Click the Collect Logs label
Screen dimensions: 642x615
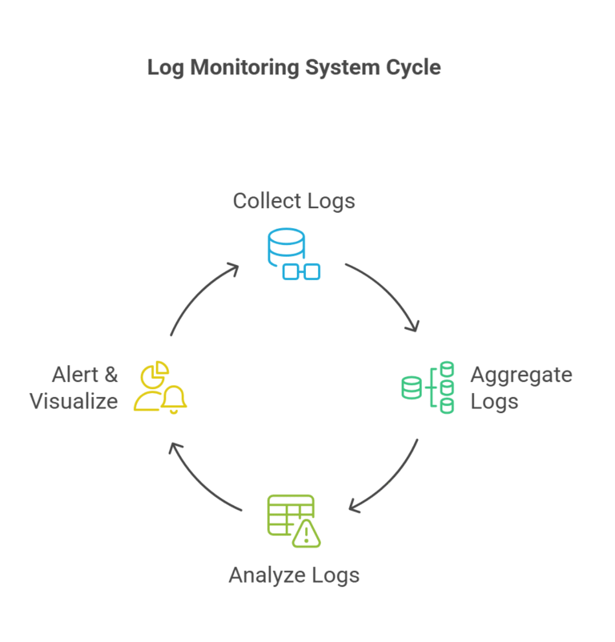[294, 200]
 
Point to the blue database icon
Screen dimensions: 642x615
[286, 244]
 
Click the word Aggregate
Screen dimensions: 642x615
[521, 375]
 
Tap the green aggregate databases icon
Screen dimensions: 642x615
[428, 387]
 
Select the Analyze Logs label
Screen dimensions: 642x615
[294, 575]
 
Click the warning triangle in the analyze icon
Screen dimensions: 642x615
[307, 533]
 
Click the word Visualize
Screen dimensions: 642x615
[74, 401]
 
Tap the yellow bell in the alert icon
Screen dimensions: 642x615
[174, 398]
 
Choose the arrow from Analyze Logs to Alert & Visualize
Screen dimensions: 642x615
[200, 480]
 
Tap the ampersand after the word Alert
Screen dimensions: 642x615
[110, 375]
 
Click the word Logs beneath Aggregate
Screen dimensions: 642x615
[494, 401]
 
